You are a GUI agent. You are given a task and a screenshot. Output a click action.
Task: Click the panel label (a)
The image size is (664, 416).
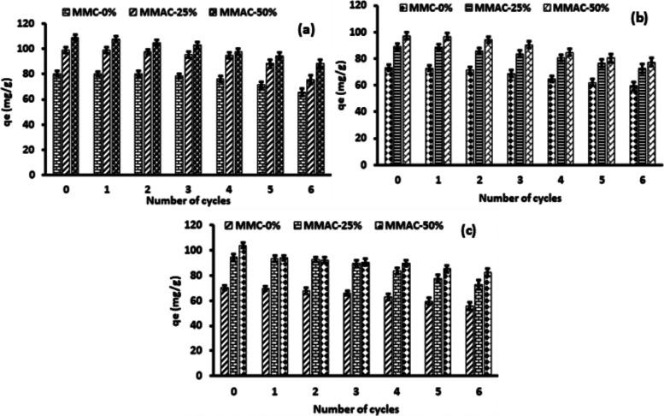(303, 28)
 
